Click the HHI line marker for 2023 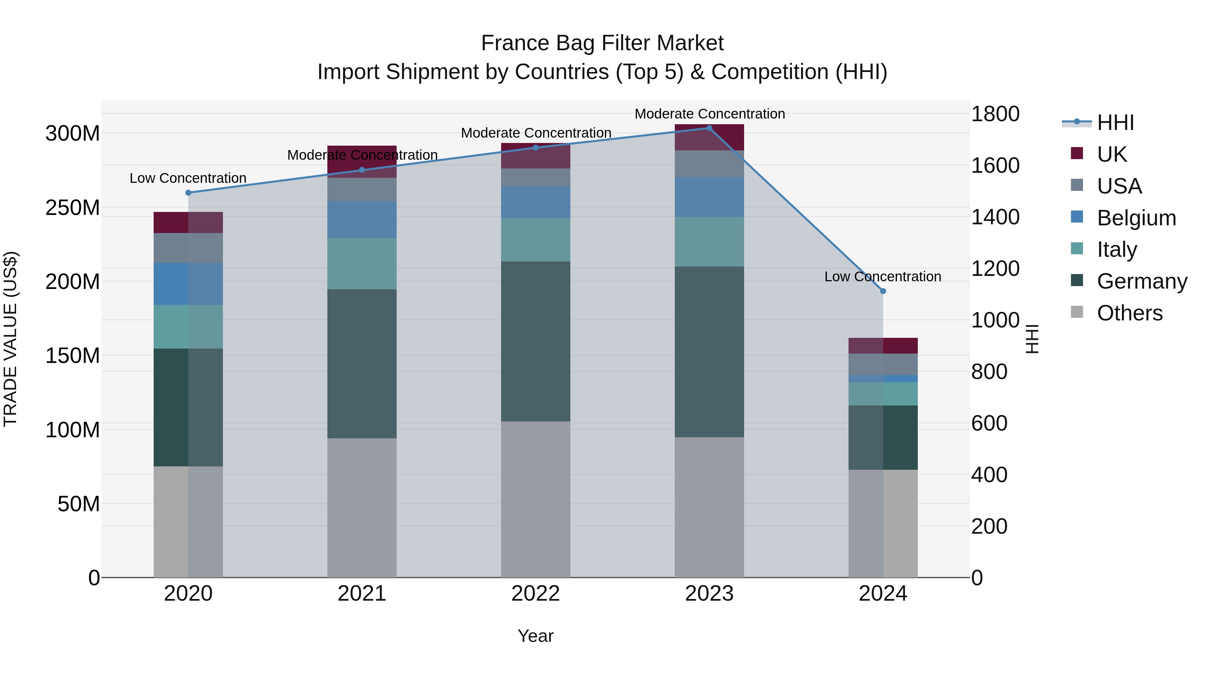709,128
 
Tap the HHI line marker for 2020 188,193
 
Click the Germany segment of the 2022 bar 536,342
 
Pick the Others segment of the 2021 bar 361,508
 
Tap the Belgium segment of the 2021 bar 361,220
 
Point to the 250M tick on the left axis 73,207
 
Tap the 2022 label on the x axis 536,594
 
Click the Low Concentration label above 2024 883,277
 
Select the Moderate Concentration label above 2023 710,114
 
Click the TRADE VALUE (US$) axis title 11,339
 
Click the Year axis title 536,636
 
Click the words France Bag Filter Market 602,43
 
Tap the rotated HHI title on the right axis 1032,339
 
